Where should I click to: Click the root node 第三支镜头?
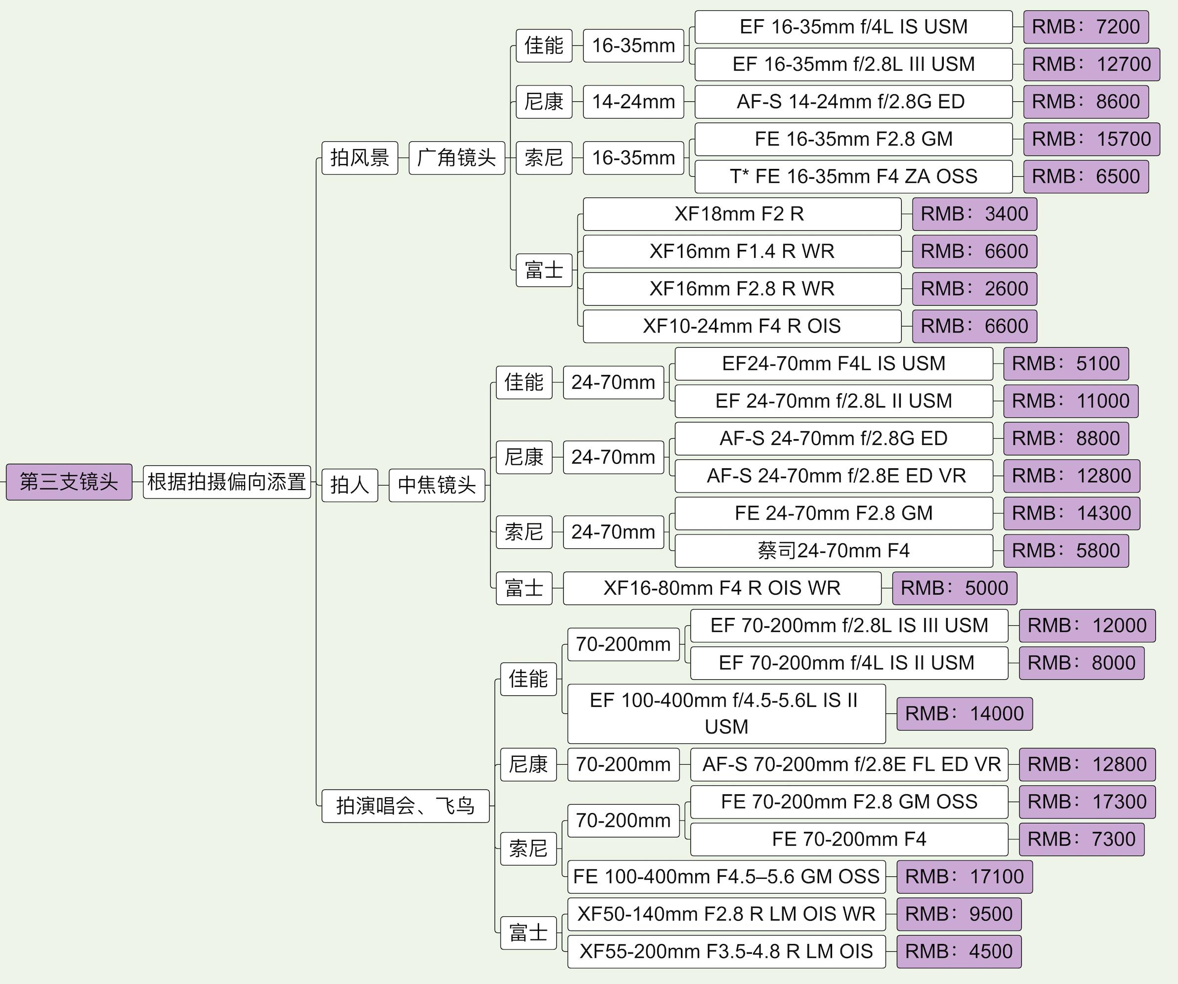(69, 482)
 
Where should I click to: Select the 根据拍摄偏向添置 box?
(227, 482)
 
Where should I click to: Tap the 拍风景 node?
(360, 158)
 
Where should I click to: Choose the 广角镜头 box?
(457, 158)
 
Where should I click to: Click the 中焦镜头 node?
(436, 485)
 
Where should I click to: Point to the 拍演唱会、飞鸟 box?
(405, 806)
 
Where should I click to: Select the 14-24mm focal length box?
(633, 101)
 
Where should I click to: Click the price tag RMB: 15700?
(1091, 139)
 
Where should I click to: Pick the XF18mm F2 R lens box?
(742, 213)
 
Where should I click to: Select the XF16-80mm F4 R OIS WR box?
(722, 588)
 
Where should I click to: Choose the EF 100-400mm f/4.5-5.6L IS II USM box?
(726, 713)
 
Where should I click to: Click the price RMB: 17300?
(1087, 802)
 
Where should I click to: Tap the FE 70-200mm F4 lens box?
(849, 839)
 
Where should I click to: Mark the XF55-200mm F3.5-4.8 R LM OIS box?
(726, 951)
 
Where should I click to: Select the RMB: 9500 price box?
(959, 914)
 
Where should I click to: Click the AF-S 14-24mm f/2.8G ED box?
(853, 101)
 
